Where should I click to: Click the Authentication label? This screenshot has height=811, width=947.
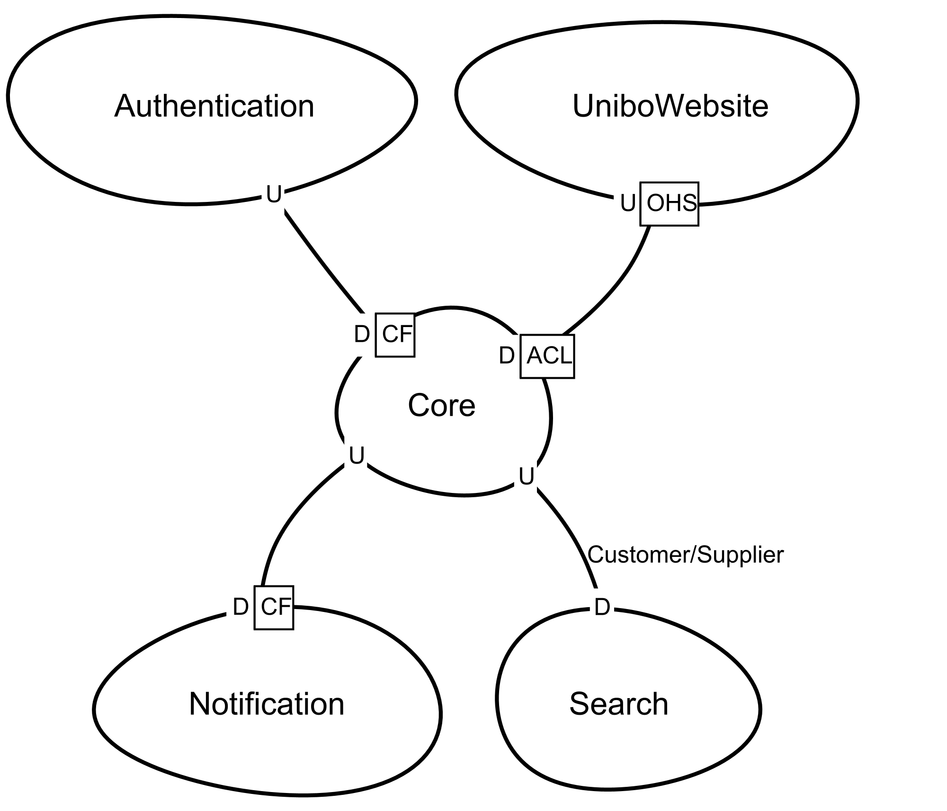(x=214, y=106)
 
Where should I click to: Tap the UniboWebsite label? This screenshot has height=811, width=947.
(x=670, y=106)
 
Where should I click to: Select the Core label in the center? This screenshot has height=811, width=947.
(x=441, y=406)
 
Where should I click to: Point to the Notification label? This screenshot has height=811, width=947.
(x=267, y=704)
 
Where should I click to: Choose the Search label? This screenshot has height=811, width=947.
(x=618, y=704)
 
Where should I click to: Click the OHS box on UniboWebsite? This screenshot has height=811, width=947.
(x=669, y=204)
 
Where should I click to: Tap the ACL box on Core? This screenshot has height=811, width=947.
(x=547, y=356)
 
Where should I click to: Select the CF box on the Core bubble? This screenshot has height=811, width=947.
(x=395, y=335)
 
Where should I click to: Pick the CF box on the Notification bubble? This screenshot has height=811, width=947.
(x=274, y=607)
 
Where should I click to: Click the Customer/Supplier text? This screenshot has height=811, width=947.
(x=686, y=555)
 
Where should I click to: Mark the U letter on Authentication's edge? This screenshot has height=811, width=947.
(x=274, y=194)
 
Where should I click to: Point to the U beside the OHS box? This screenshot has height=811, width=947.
(x=627, y=204)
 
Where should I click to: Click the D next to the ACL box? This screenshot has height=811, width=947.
(x=507, y=355)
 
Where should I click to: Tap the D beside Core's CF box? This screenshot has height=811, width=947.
(x=361, y=335)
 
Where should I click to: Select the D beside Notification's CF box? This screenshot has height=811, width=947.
(x=241, y=607)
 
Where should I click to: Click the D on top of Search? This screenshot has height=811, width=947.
(x=602, y=608)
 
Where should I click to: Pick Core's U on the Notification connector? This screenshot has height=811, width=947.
(x=357, y=456)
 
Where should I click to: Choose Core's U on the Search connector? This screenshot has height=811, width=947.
(x=526, y=477)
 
